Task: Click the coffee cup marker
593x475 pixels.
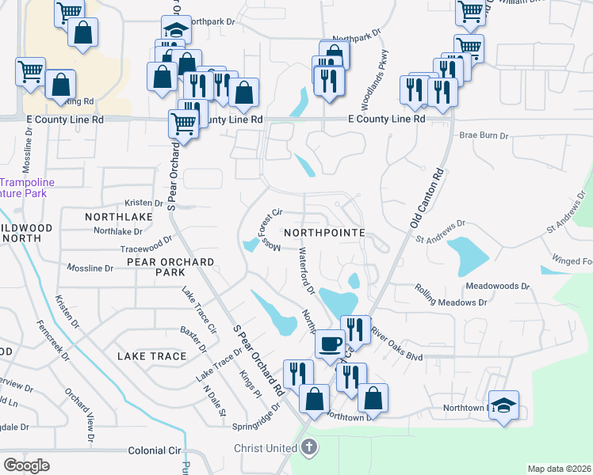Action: pos(330,344)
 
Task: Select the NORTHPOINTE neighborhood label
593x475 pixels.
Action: pos(323,233)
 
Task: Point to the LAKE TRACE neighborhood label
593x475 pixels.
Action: pos(151,356)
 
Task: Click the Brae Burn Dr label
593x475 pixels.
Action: pos(483,136)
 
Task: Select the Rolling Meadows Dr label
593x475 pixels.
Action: pos(450,302)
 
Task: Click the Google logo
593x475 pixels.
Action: pos(26,465)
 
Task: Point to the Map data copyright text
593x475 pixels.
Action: pos(558,469)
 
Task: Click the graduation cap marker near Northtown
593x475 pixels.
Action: pos(503,405)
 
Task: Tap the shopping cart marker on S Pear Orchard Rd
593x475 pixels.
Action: pos(183,123)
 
